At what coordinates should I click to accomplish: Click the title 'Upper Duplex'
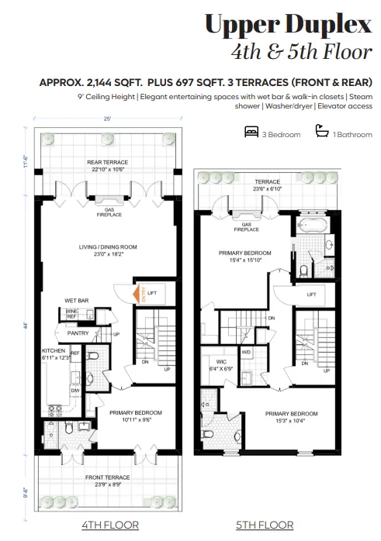pyautogui.click(x=288, y=24)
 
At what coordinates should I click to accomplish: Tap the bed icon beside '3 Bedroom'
pyautogui.click(x=250, y=133)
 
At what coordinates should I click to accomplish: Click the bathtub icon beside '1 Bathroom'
pyautogui.click(x=321, y=133)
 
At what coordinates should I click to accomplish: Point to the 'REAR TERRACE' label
pyautogui.click(x=107, y=162)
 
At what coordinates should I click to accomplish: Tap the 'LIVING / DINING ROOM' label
pyautogui.click(x=108, y=246)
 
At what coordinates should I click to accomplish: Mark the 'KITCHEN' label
pyautogui.click(x=54, y=350)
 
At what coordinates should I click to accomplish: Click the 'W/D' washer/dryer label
pyautogui.click(x=246, y=351)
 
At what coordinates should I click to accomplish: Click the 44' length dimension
pyautogui.click(x=26, y=326)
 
